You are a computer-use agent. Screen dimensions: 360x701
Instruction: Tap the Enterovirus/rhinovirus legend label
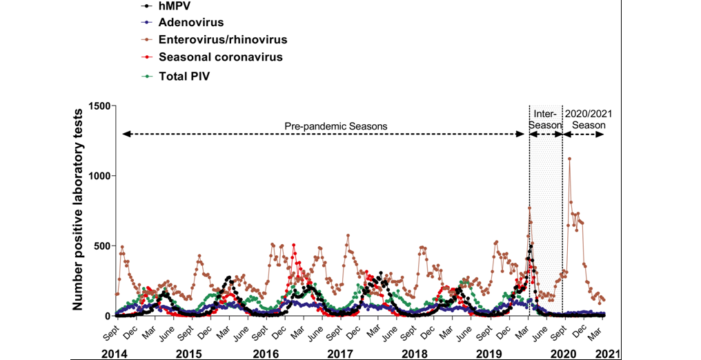tap(223, 40)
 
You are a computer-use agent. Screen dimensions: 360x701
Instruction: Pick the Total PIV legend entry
tap(184, 76)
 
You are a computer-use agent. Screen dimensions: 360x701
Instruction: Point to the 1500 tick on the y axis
tap(99, 106)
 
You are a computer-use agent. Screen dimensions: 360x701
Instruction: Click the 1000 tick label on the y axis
tap(99, 176)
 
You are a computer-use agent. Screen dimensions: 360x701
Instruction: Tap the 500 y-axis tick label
tap(102, 246)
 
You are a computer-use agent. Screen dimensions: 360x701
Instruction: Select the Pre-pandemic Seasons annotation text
tap(336, 126)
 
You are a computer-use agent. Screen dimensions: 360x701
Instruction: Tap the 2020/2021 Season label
tap(589, 119)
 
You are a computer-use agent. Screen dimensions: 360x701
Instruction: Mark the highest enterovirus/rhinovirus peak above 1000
tap(569, 159)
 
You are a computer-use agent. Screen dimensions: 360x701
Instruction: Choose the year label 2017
tap(339, 353)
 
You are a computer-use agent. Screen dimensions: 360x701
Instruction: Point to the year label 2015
tap(189, 353)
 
